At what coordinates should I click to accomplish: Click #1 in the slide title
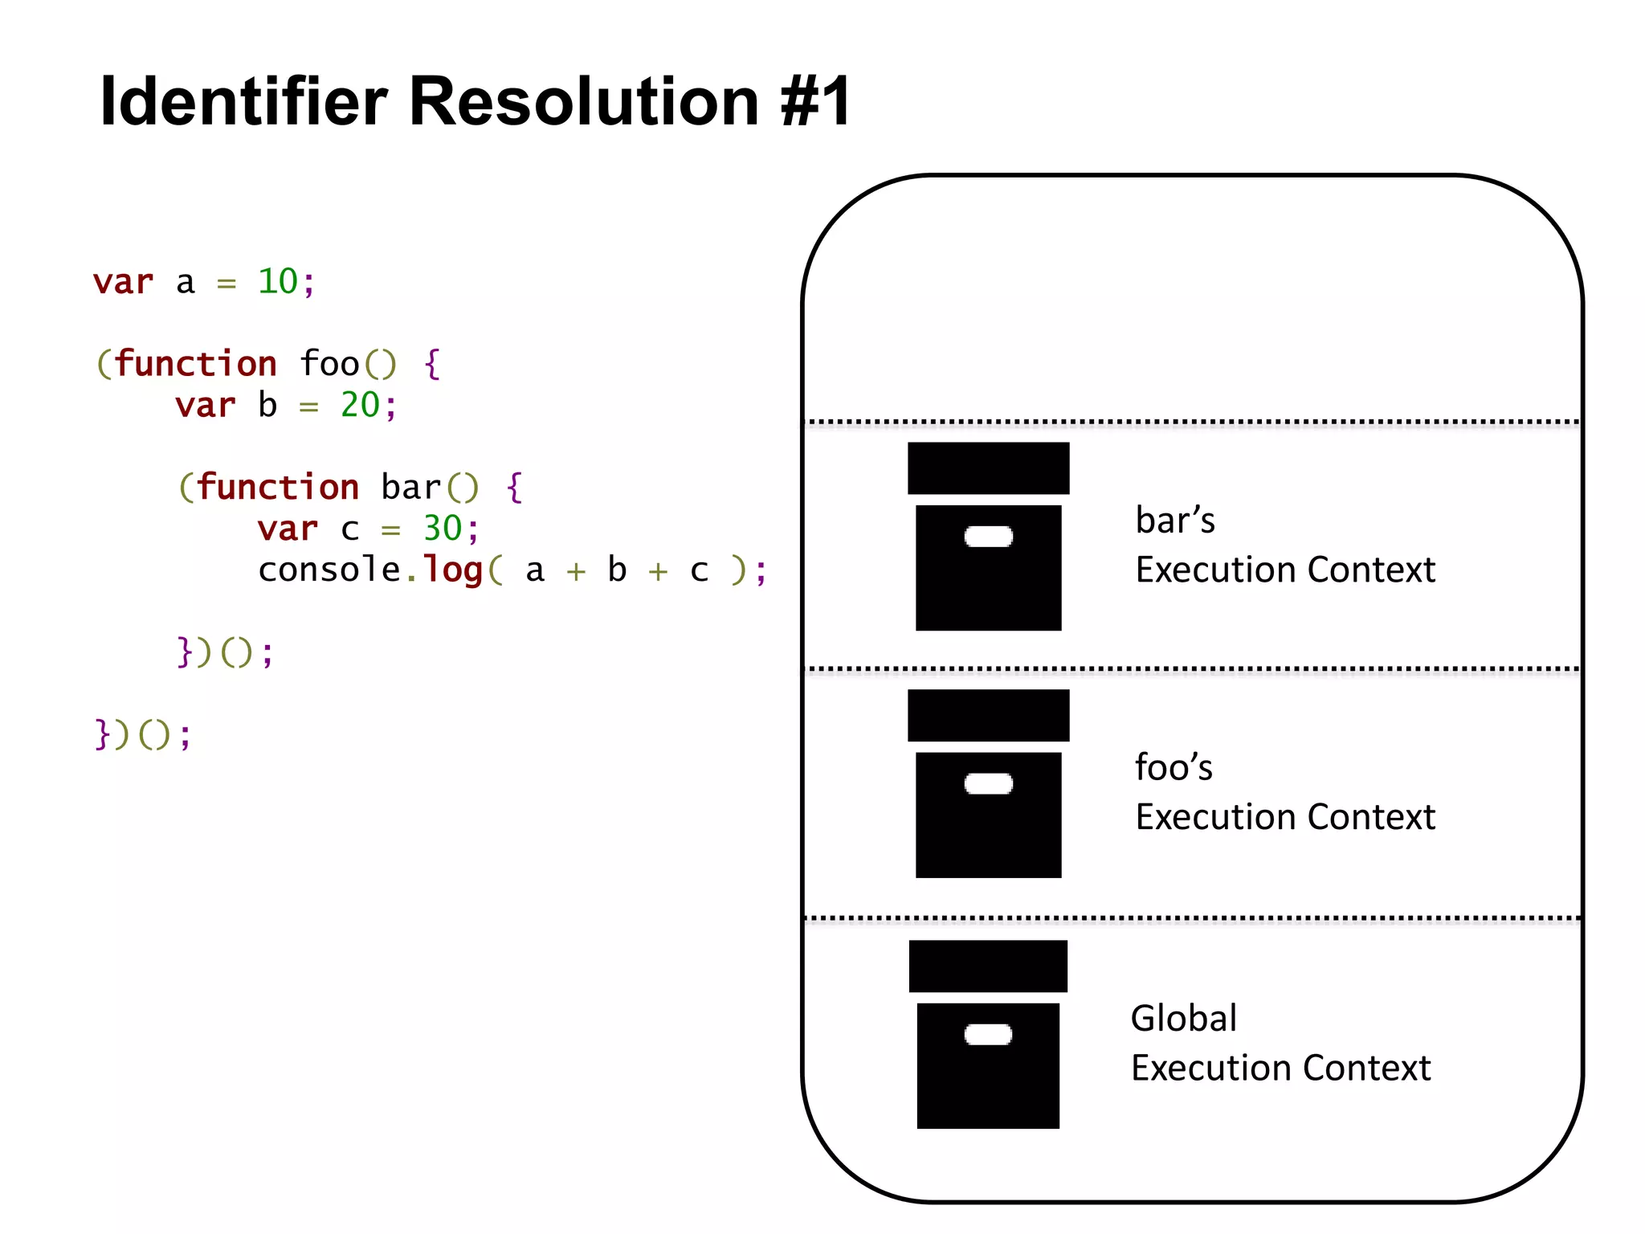(x=815, y=102)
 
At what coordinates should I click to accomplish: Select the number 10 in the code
(x=277, y=282)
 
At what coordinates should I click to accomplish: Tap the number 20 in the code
(x=359, y=405)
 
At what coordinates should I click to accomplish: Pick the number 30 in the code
(x=442, y=529)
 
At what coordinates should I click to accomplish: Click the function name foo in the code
(x=329, y=364)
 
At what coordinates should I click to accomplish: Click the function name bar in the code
(x=410, y=488)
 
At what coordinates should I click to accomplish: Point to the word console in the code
(x=329, y=570)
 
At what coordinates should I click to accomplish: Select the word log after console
(x=452, y=570)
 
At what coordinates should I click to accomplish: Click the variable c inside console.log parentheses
(x=699, y=571)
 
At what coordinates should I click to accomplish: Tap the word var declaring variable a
(x=123, y=282)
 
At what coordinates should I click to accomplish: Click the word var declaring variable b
(x=206, y=405)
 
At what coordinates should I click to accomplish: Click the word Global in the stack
(x=1183, y=1019)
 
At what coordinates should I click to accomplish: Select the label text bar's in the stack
(x=1174, y=521)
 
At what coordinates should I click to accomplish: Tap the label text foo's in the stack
(x=1173, y=767)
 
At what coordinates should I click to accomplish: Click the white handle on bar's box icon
(x=988, y=537)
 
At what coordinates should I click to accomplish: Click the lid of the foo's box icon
(x=988, y=715)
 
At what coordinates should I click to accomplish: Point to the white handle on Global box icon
(x=988, y=1035)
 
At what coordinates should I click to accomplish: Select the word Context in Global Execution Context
(x=1366, y=1069)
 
